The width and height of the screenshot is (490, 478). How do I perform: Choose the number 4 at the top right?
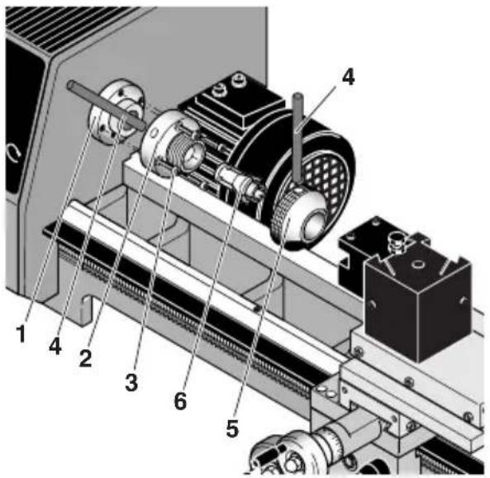coord(347,77)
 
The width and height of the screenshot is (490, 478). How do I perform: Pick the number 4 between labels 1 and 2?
coord(54,346)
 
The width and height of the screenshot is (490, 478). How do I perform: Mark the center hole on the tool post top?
coord(416,265)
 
